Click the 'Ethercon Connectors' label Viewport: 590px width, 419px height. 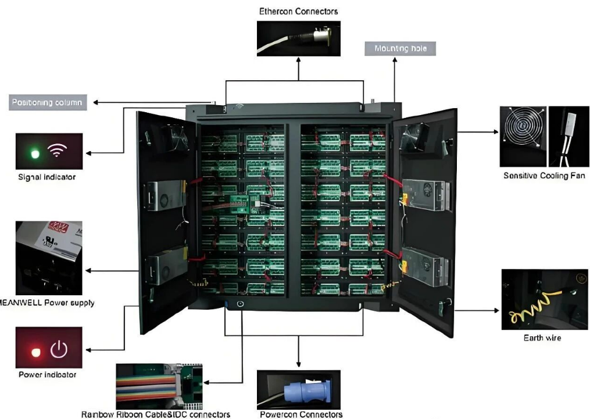pyautogui.click(x=298, y=11)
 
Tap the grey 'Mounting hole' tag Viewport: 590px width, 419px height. pyautogui.click(x=400, y=49)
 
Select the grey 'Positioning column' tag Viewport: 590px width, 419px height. pyautogui.click(x=48, y=103)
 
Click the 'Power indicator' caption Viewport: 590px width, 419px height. pyautogui.click(x=47, y=375)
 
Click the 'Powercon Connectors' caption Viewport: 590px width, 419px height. pyautogui.click(x=301, y=414)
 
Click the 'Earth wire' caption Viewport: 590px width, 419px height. pyautogui.click(x=542, y=338)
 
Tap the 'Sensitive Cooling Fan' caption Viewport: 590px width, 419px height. pyautogui.click(x=543, y=176)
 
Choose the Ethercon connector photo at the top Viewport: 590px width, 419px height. pyautogui.click(x=298, y=38)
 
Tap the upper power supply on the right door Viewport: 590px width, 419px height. pyautogui.click(x=427, y=195)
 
